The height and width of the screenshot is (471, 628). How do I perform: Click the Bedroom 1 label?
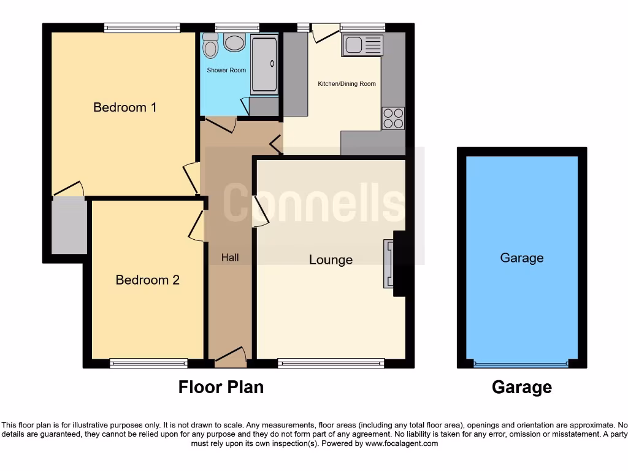pos(125,107)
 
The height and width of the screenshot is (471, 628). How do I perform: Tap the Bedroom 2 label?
pos(147,280)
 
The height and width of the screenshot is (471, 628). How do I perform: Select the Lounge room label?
pos(331,260)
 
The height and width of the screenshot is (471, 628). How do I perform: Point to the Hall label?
pos(230,258)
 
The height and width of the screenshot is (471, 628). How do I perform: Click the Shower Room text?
pos(226,71)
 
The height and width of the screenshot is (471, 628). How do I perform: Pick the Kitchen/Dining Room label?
pos(347,84)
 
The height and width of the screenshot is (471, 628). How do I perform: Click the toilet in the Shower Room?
pos(210,44)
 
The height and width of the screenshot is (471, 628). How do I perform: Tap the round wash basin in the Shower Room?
pos(234,42)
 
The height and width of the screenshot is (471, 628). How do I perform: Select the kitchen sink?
pos(362,45)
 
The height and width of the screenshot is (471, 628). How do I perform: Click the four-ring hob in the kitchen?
pos(393,118)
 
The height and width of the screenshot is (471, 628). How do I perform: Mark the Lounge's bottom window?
pos(331,364)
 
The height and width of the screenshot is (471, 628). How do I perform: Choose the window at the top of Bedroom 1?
pos(142,28)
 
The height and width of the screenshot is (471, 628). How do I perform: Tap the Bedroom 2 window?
pos(148,364)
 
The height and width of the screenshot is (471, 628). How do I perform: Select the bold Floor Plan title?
pos(221,388)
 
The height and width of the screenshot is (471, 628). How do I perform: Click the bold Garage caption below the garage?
pos(521,388)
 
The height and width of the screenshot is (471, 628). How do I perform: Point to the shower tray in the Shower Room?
pos(264,64)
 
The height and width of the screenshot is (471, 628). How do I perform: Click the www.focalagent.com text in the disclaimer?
pos(402,443)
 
